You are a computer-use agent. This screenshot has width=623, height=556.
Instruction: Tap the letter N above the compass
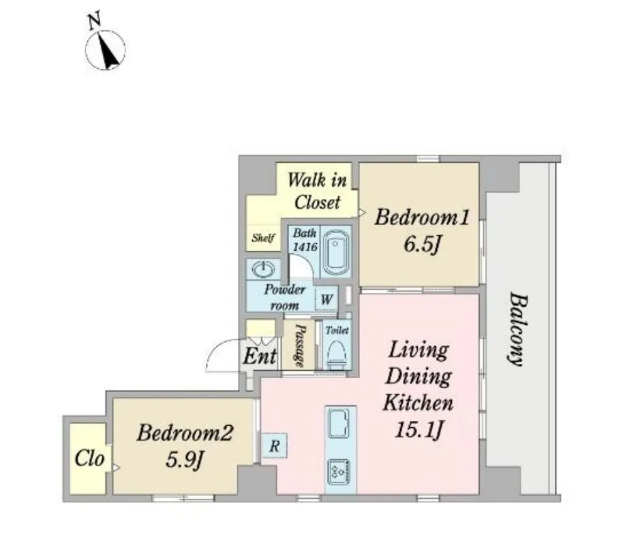click(x=94, y=21)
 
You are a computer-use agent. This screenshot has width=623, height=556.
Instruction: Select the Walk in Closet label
click(x=317, y=191)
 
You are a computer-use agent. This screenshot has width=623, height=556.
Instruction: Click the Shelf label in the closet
click(x=263, y=238)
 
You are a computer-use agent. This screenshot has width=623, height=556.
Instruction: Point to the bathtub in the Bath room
click(x=336, y=252)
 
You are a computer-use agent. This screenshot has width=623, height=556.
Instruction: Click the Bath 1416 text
click(x=305, y=240)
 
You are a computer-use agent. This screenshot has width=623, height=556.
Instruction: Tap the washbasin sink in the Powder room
click(x=263, y=270)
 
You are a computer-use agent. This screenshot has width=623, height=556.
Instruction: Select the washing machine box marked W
click(x=326, y=298)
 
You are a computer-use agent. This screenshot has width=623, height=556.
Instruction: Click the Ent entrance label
click(x=260, y=356)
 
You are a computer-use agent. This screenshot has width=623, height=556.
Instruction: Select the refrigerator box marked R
click(x=274, y=446)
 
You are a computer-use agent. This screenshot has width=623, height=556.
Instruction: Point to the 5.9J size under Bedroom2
click(x=185, y=460)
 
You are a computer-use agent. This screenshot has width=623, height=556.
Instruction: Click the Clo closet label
click(x=90, y=459)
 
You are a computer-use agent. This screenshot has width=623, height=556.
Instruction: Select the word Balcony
click(x=518, y=329)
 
